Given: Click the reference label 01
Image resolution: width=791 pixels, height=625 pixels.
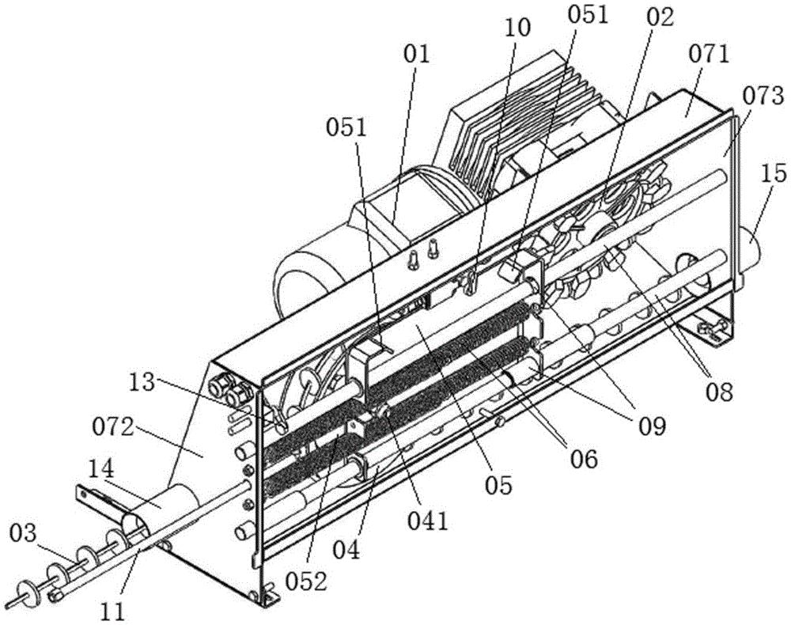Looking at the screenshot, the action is click(x=416, y=54).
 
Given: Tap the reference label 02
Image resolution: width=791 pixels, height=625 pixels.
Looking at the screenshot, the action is click(x=660, y=17).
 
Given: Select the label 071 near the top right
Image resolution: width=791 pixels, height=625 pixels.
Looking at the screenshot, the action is click(x=708, y=54).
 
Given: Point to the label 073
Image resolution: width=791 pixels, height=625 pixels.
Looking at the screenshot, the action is click(x=763, y=97).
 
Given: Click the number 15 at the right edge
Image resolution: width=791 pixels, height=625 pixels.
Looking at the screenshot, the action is click(x=774, y=173).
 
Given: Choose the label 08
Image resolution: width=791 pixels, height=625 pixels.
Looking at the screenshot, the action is click(x=719, y=392).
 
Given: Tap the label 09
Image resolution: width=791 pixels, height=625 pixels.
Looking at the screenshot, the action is click(x=653, y=426).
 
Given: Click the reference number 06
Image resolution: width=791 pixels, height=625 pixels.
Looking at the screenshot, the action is click(x=584, y=459).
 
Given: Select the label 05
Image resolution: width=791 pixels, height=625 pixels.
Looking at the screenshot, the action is click(x=499, y=485).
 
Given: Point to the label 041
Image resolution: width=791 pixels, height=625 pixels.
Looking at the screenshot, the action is click(x=428, y=521).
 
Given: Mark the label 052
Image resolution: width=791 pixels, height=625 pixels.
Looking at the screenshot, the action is click(x=305, y=581).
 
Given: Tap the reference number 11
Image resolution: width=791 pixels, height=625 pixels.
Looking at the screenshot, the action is click(x=112, y=612).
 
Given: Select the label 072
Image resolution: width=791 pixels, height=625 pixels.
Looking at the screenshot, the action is click(x=113, y=430).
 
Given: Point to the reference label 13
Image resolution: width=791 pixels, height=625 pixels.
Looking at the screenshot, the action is click(x=141, y=383).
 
